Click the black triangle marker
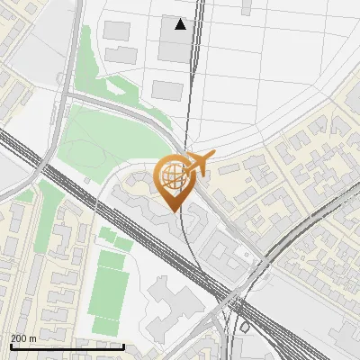[x=181, y=24]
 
